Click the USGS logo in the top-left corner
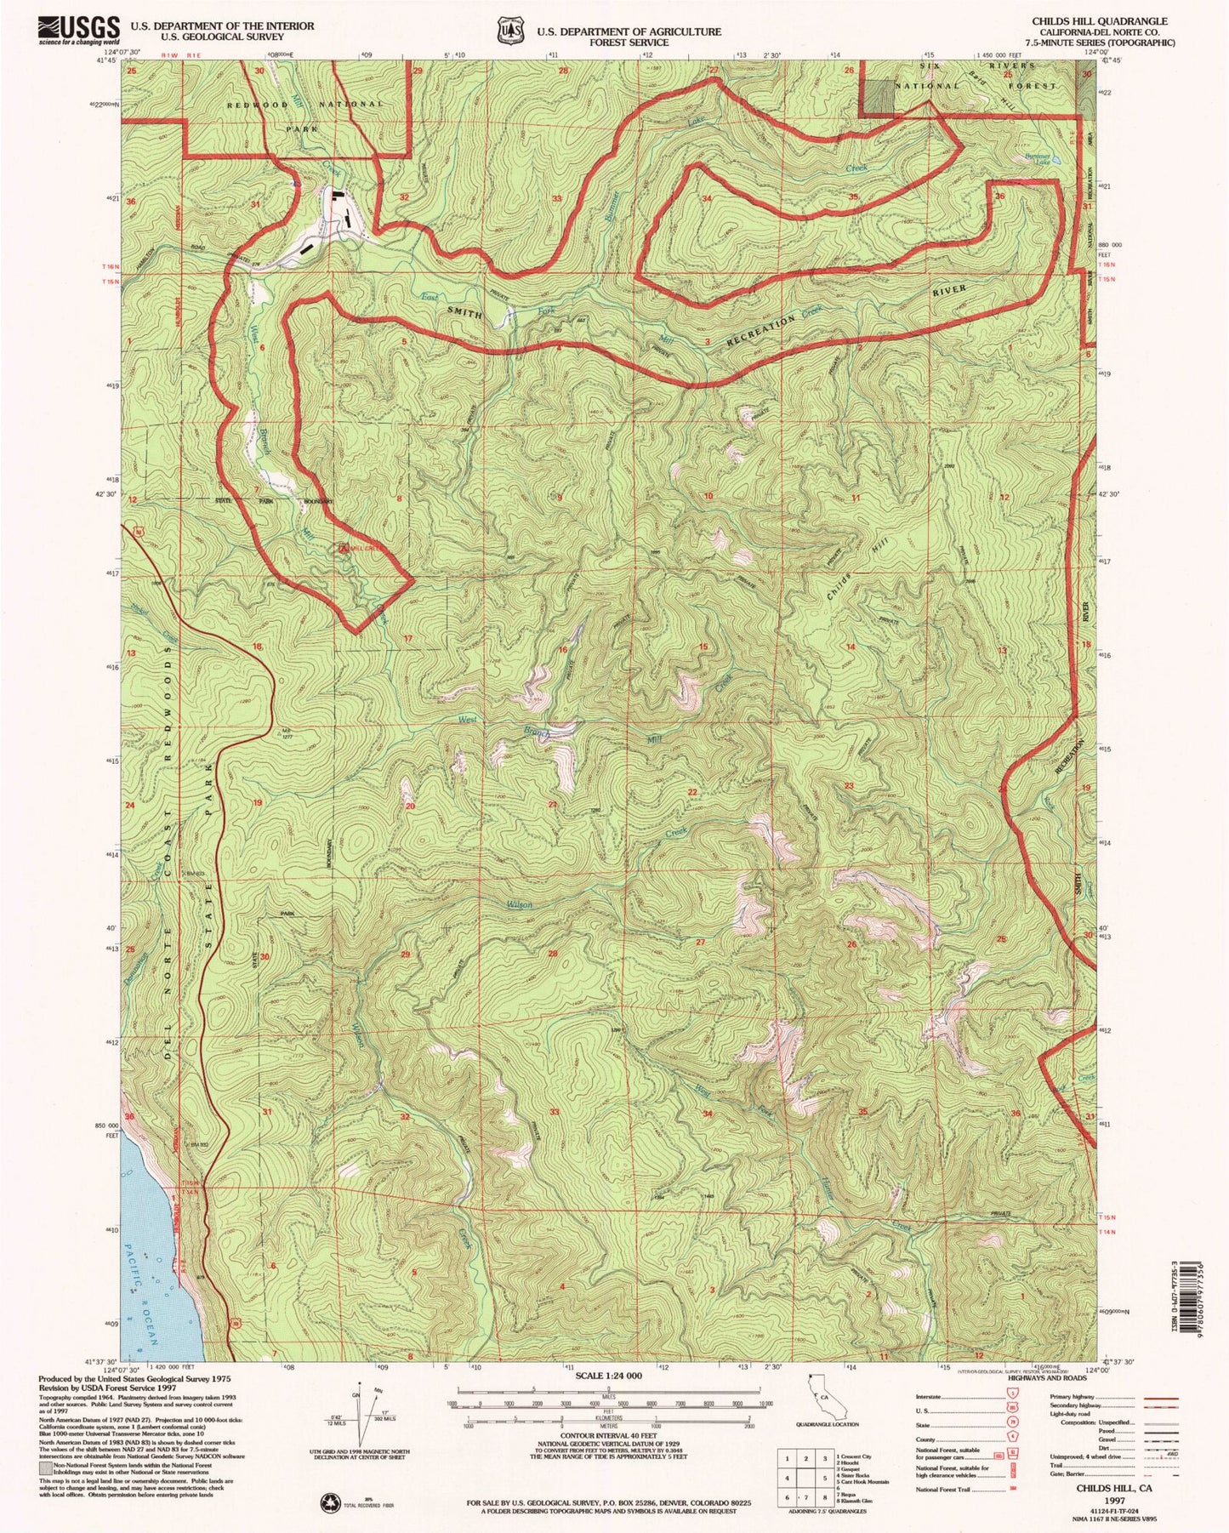coord(78,31)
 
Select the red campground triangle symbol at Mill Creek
coord(344,549)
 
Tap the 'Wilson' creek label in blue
coord(520,904)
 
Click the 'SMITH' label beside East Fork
coord(465,313)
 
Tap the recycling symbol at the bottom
coord(328,1504)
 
